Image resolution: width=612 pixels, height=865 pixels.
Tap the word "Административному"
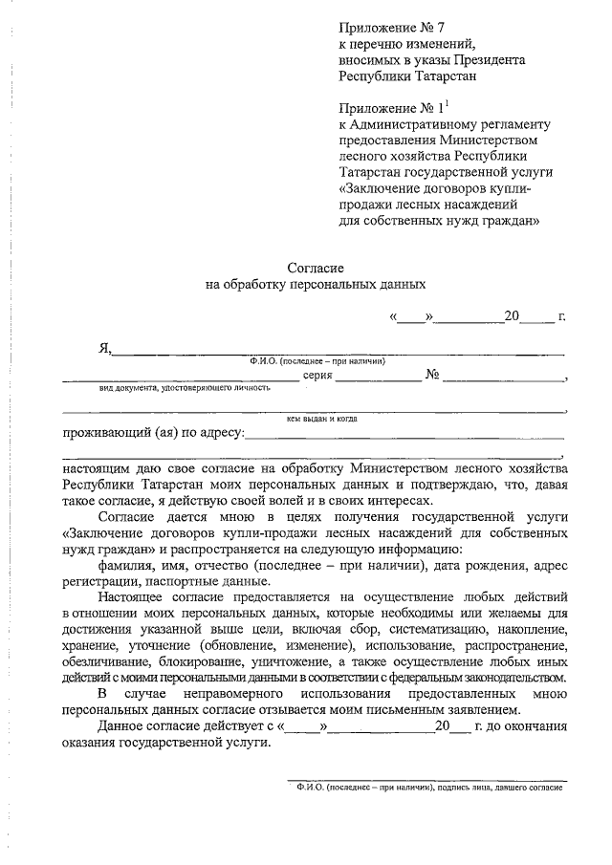pos(410,123)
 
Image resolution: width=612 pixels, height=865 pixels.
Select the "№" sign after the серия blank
pos(431,376)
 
